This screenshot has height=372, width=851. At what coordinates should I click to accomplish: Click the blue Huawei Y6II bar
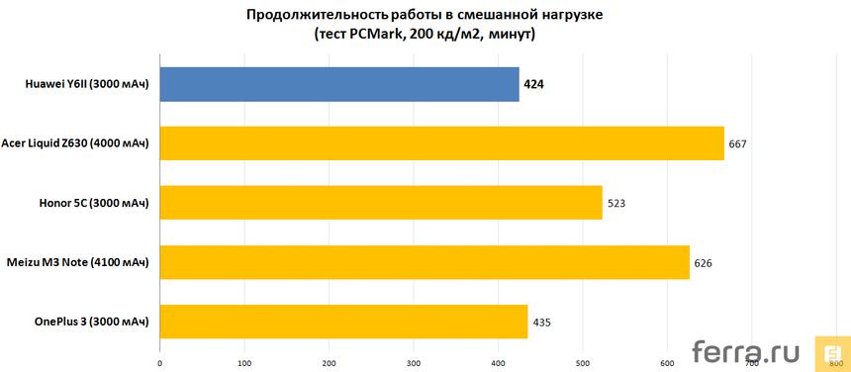[x=338, y=85]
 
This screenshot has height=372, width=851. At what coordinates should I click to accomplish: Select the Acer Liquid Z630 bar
[x=441, y=144]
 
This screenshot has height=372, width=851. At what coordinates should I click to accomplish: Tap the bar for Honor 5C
[x=380, y=203]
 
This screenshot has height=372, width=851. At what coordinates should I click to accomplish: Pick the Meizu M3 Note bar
[x=424, y=262]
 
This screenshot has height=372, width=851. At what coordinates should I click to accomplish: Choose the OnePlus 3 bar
[x=343, y=322]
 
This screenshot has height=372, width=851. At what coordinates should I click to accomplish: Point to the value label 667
[x=736, y=144]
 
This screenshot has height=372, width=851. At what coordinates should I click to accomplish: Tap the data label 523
[x=615, y=204]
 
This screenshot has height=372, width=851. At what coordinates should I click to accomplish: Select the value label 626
[x=703, y=263]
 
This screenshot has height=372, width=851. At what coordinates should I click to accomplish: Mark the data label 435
[x=542, y=323]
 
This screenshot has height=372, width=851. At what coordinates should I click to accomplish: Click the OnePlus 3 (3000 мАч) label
[x=90, y=323]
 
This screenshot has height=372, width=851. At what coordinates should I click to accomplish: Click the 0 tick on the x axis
[x=159, y=361]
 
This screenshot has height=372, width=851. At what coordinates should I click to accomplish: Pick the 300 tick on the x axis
[x=414, y=361]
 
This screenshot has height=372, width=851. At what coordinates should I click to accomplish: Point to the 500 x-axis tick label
[x=583, y=361]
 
